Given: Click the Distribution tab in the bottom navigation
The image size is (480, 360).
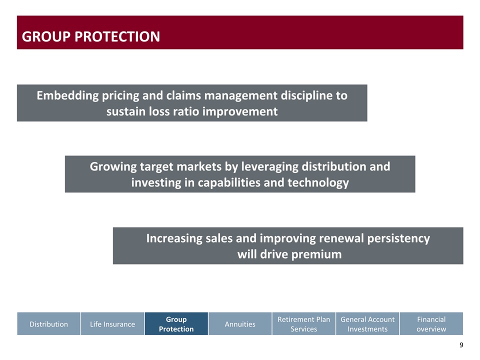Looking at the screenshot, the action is click(48, 323).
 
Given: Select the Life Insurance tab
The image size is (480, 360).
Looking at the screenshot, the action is click(112, 323).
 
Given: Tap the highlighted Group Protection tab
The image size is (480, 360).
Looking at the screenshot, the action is click(176, 323).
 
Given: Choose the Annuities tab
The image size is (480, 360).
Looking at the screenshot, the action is click(240, 323).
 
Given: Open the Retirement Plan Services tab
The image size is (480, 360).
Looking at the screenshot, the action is click(303, 323).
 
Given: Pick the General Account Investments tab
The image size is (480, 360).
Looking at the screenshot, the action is click(367, 323).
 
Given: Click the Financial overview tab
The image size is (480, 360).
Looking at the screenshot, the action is click(431, 323).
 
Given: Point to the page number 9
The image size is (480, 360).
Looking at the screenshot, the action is click(461, 345).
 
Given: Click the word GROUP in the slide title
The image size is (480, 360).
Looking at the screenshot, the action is click(46, 36).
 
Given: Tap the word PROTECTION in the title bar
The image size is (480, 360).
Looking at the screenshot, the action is click(117, 36).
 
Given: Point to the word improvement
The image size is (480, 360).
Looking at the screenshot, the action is click(240, 111).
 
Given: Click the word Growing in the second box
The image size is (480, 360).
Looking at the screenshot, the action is click(113, 167).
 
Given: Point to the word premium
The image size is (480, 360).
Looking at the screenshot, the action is click(316, 254).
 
